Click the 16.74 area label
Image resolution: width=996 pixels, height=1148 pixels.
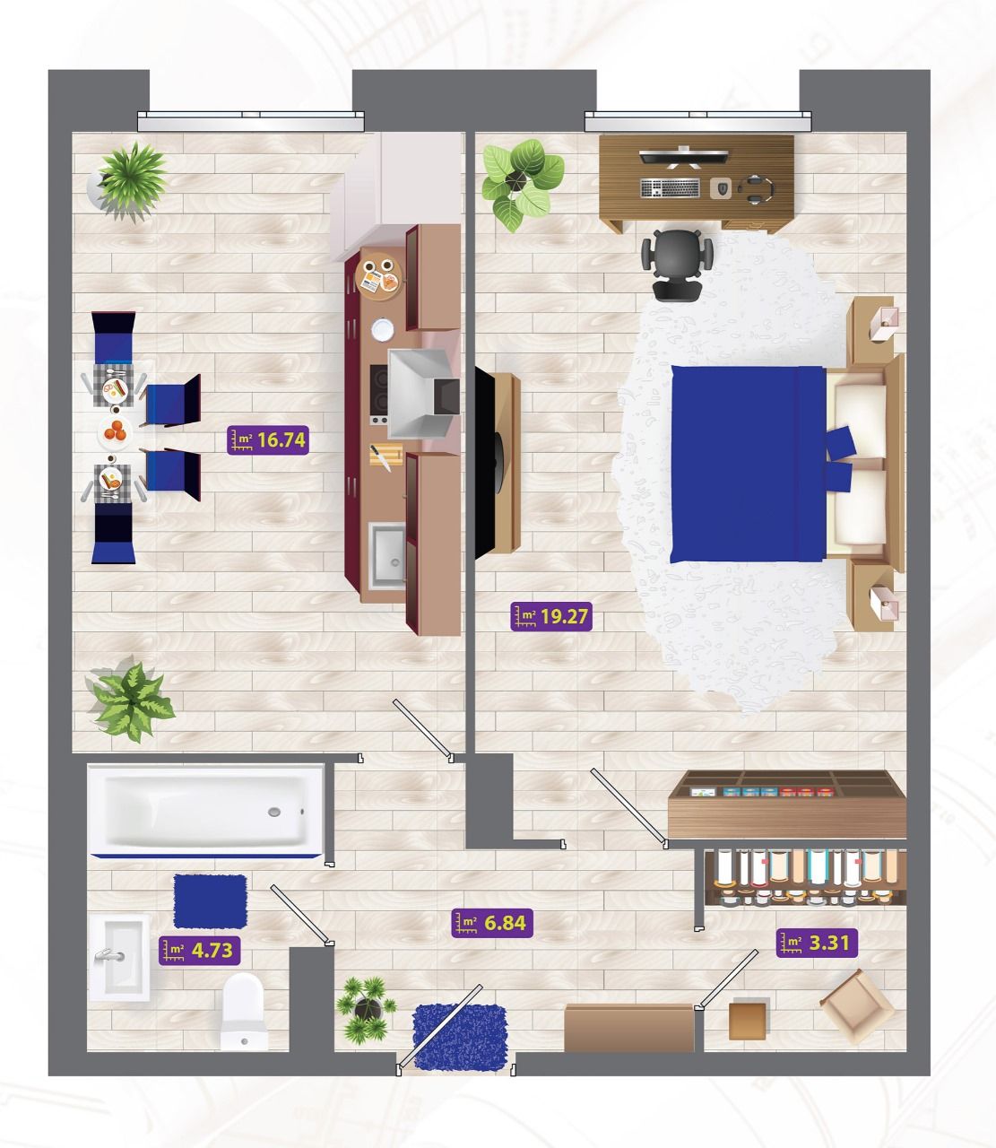pyautogui.click(x=268, y=439)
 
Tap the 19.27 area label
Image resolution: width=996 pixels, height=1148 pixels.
pyautogui.click(x=551, y=617)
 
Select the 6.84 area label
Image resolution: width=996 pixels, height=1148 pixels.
pyautogui.click(x=492, y=923)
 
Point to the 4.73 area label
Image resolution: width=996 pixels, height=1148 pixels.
pyautogui.click(x=200, y=951)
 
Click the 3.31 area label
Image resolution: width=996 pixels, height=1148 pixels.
pyautogui.click(x=817, y=942)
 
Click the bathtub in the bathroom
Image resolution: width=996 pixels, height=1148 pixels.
pyautogui.click(x=206, y=810)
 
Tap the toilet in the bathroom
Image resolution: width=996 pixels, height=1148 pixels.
pyautogui.click(x=243, y=1012)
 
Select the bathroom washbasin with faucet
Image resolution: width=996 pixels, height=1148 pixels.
pyautogui.click(x=119, y=958)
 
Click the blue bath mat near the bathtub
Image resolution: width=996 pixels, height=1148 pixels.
pyautogui.click(x=211, y=901)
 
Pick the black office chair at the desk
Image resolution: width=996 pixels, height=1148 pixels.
pyautogui.click(x=677, y=264)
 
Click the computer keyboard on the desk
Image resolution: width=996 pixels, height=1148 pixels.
pyautogui.click(x=671, y=188)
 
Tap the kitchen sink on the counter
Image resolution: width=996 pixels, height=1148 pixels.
pyautogui.click(x=387, y=554)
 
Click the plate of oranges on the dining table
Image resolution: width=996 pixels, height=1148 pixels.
pyautogui.click(x=116, y=432)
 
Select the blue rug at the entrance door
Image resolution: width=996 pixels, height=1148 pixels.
pyautogui.click(x=461, y=1037)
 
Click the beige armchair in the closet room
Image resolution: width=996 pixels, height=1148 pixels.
pyautogui.click(x=856, y=1006)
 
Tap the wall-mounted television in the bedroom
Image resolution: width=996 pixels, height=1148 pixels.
pyautogui.click(x=486, y=463)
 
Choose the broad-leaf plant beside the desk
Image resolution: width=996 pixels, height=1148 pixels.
pyautogui.click(x=523, y=185)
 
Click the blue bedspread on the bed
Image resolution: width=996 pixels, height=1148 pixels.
pyautogui.click(x=749, y=464)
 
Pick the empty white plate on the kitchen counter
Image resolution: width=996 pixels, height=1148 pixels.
pyautogui.click(x=382, y=329)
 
